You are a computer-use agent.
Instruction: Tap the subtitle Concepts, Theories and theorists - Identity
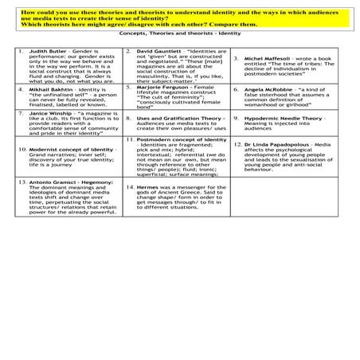coord(179,35)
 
